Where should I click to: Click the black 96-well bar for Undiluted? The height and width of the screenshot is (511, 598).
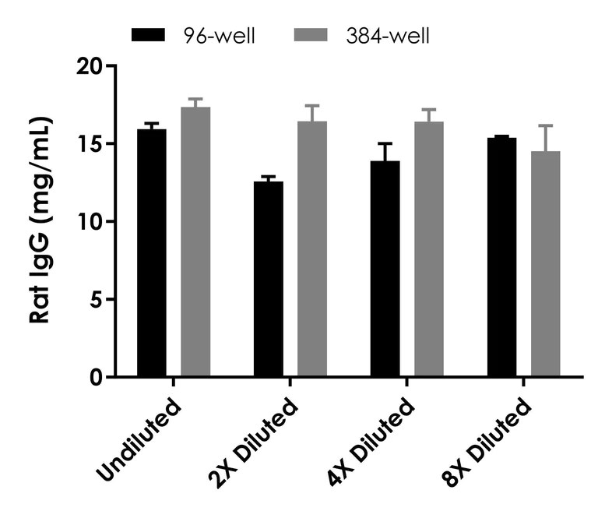coord(152,253)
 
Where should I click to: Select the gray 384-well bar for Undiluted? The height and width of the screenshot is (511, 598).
coord(195,242)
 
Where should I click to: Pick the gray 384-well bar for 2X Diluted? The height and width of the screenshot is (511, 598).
coord(312,249)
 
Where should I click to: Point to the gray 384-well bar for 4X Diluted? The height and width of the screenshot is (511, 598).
coord(429,249)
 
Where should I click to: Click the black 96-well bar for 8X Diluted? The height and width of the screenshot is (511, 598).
coord(502,257)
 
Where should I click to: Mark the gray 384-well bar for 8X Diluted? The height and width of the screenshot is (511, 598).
coord(546,264)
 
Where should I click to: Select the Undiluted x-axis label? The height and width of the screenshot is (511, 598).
coord(140,440)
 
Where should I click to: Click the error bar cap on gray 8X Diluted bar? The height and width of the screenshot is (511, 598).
coord(546,125)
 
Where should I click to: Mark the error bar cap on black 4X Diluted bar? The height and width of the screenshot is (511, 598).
coord(385,144)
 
